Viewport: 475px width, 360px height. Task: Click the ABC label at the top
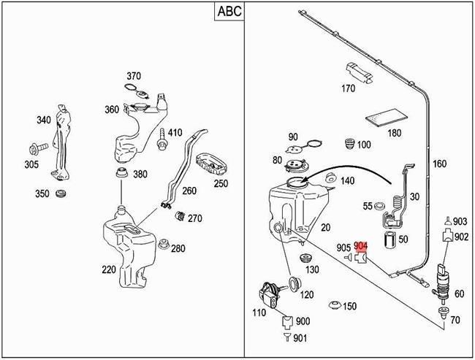tap(230, 11)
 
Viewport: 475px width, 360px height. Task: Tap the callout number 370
tap(133, 76)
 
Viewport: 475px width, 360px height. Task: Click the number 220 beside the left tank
tap(109, 269)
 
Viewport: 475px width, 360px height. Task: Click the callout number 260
tap(190, 191)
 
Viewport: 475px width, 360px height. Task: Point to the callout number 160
tap(439, 164)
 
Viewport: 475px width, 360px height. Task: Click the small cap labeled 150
tap(335, 305)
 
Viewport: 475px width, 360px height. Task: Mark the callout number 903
tap(460, 221)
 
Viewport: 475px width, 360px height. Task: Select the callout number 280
tap(178, 249)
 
